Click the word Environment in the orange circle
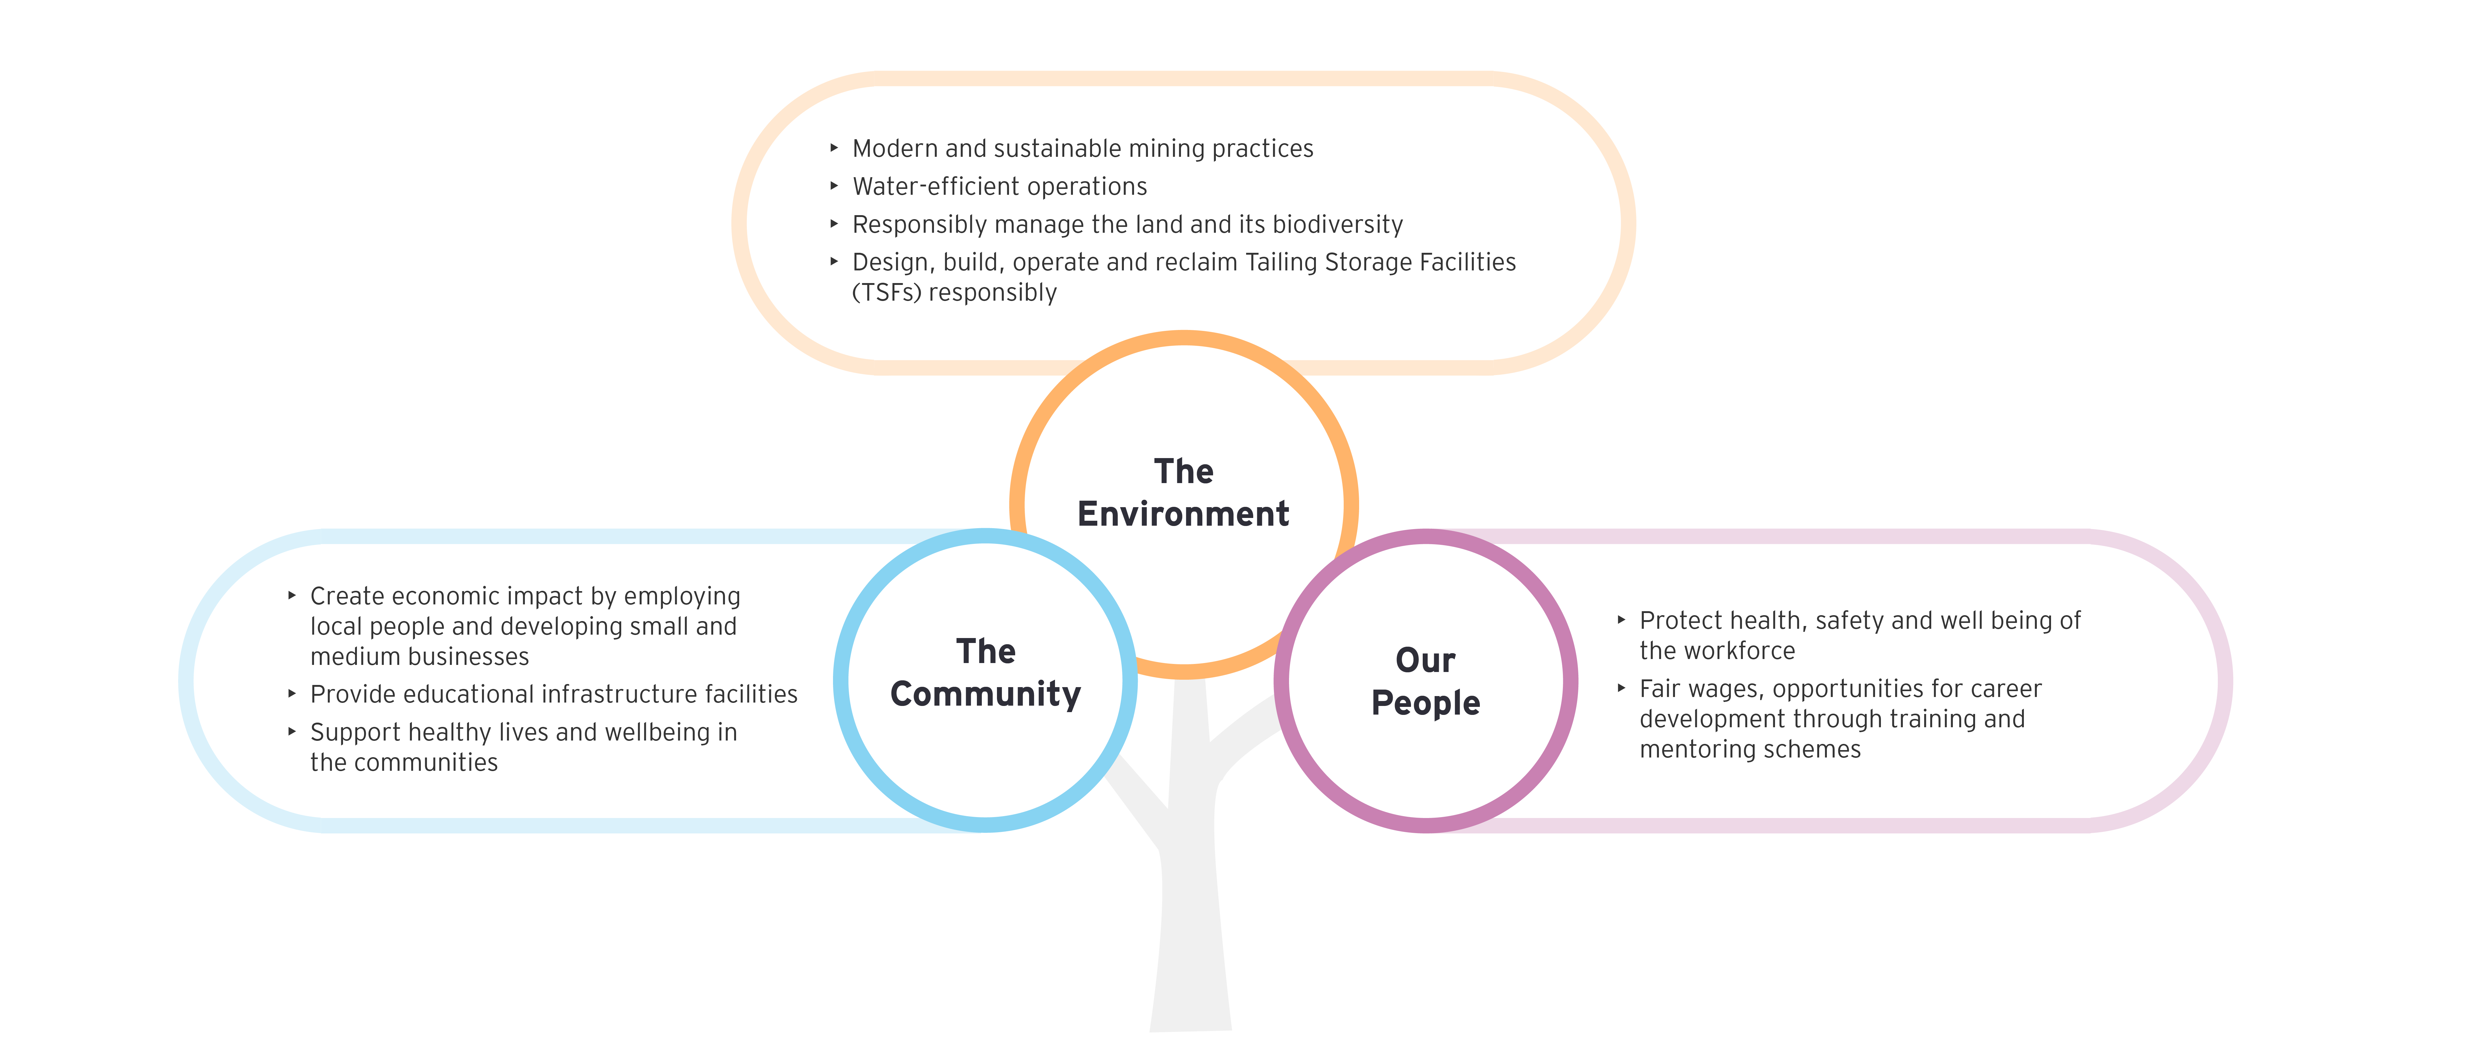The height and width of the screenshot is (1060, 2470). (x=1183, y=514)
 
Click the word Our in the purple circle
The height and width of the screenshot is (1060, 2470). (x=1426, y=660)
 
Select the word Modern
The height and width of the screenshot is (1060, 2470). (x=895, y=148)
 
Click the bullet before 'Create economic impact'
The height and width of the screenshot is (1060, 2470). (x=292, y=595)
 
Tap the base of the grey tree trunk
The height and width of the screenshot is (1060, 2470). (x=1191, y=1029)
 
